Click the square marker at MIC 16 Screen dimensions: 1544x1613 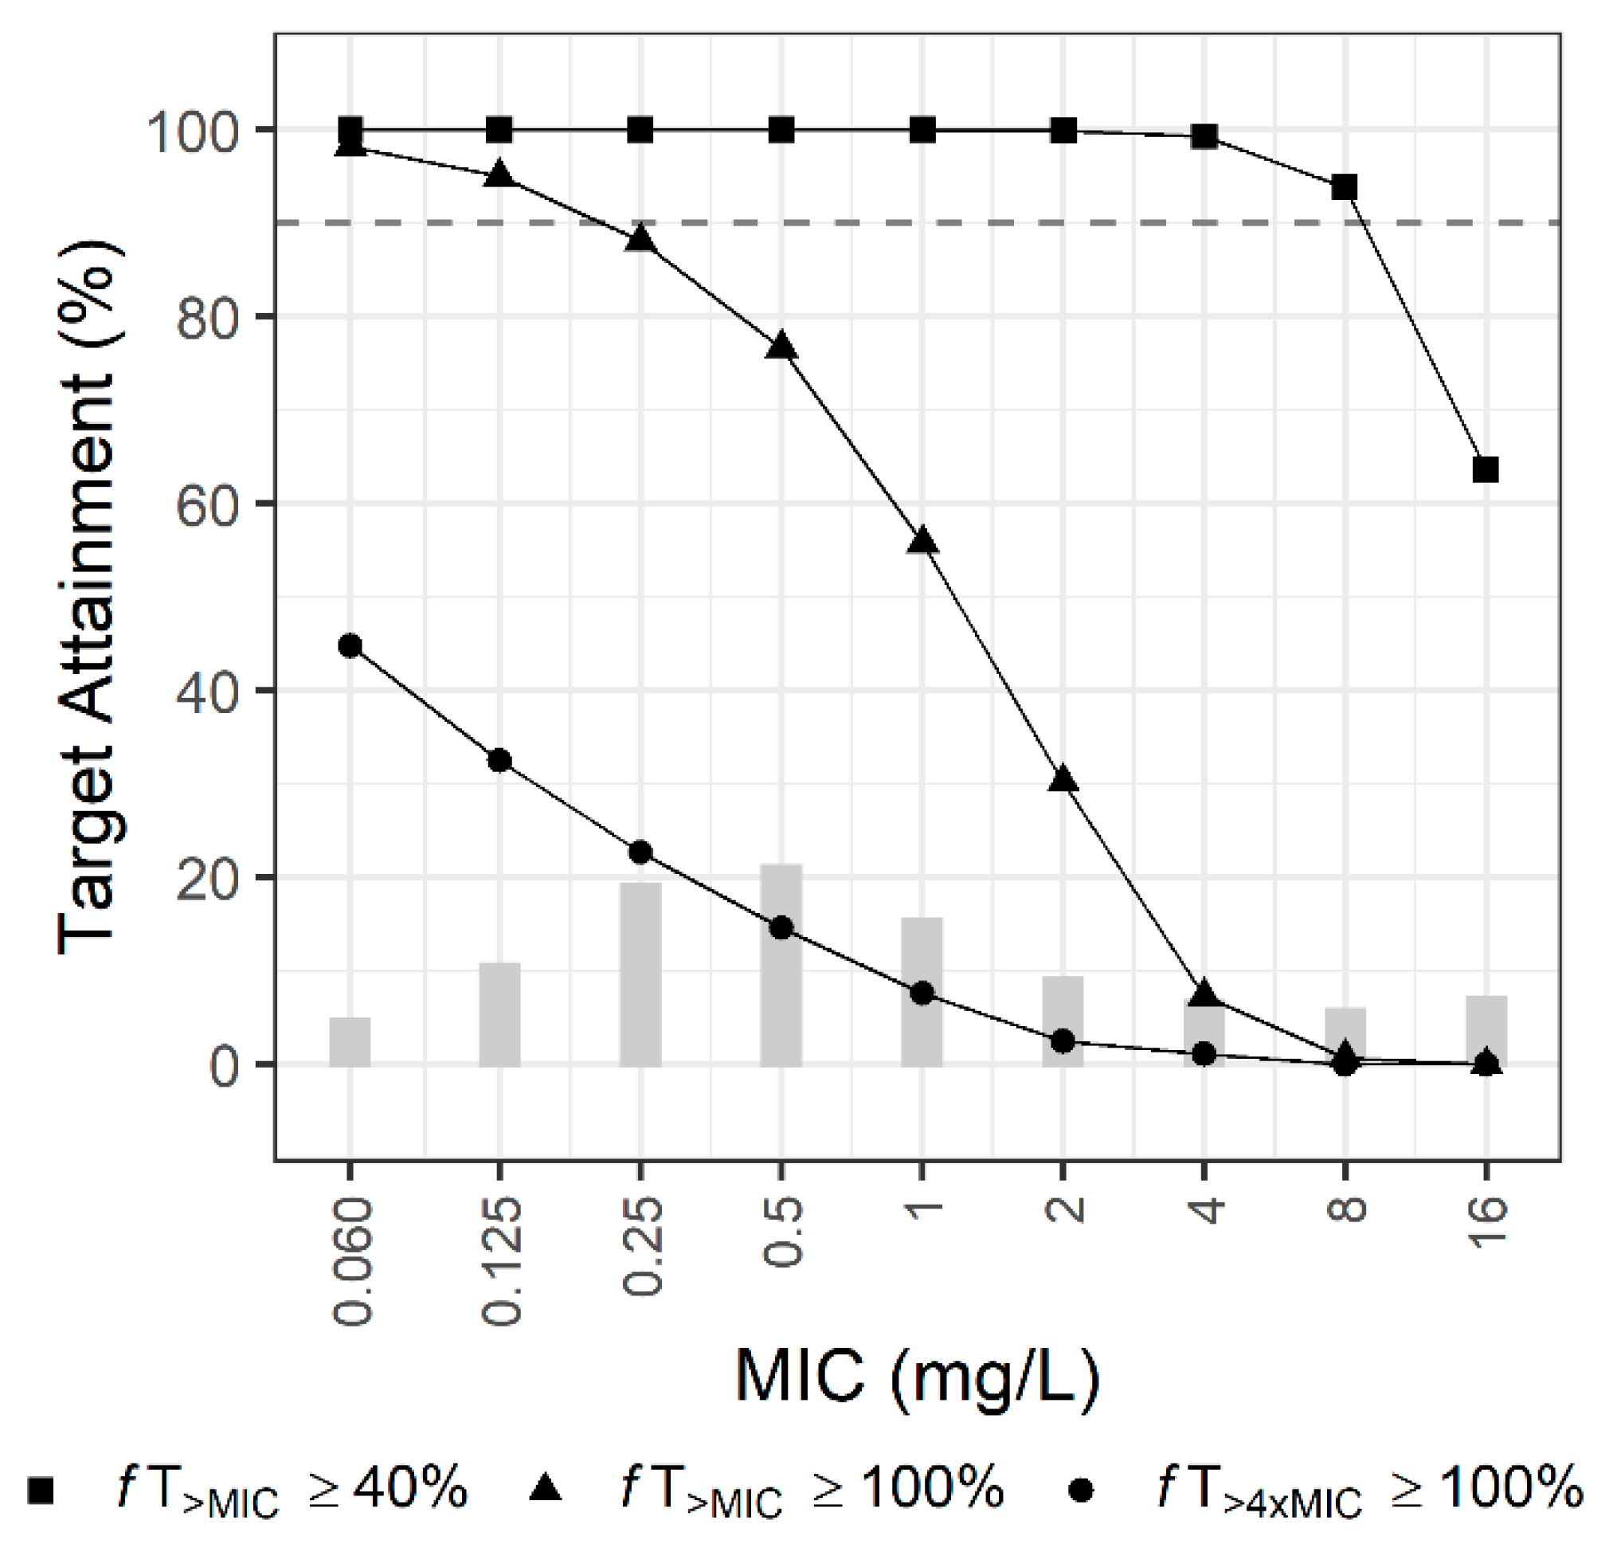point(1486,470)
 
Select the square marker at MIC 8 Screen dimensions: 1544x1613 point(1344,188)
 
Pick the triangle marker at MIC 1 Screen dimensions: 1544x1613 point(922,542)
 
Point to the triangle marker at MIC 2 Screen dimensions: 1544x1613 point(1063,779)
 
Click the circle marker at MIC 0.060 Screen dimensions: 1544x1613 point(350,645)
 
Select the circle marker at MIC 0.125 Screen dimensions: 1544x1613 point(499,761)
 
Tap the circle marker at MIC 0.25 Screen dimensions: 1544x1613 point(640,852)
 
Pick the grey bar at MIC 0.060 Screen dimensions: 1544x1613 point(350,1042)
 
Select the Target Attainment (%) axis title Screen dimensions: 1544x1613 point(89,598)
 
